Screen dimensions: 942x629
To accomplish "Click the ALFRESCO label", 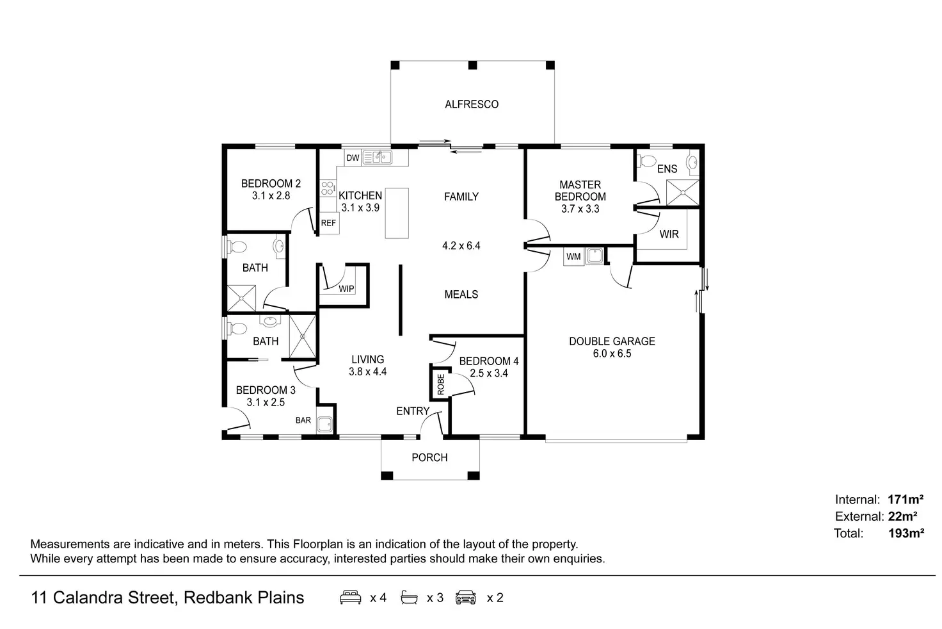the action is [x=472, y=104].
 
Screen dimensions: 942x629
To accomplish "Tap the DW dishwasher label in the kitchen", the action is [x=353, y=158].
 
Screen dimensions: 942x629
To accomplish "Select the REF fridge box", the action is [x=329, y=223].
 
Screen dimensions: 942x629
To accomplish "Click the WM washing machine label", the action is [x=573, y=257].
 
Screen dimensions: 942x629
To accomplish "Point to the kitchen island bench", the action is [x=397, y=213].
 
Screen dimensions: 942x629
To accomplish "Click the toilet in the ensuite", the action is [x=647, y=159].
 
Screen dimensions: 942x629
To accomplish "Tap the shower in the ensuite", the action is [x=682, y=193].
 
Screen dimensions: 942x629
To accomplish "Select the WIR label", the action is [x=669, y=234].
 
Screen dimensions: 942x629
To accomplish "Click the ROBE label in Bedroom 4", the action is [x=441, y=384].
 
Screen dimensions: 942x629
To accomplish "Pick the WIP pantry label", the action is [x=346, y=289].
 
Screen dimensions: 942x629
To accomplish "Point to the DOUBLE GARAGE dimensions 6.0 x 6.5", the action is [x=612, y=354].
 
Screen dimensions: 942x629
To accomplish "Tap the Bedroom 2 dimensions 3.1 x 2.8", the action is [x=271, y=196].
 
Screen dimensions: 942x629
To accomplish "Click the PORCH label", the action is [x=429, y=457].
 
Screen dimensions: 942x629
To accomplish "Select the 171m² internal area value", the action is [x=906, y=500].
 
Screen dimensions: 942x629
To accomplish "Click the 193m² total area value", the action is [x=906, y=533].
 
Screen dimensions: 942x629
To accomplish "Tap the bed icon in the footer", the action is [x=350, y=598].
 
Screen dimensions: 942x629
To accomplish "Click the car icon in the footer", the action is [x=466, y=598].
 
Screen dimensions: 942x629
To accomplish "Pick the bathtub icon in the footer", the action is [x=409, y=598].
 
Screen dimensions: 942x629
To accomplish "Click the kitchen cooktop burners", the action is [x=328, y=188].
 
